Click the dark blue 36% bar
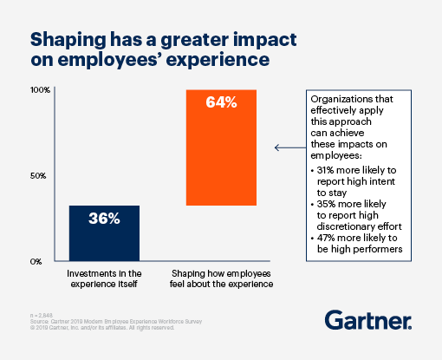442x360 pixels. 103,232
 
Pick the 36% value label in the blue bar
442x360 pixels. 103,219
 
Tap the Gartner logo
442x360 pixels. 367,320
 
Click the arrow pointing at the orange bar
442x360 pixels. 288,147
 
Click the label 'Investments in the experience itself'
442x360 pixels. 103,278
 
